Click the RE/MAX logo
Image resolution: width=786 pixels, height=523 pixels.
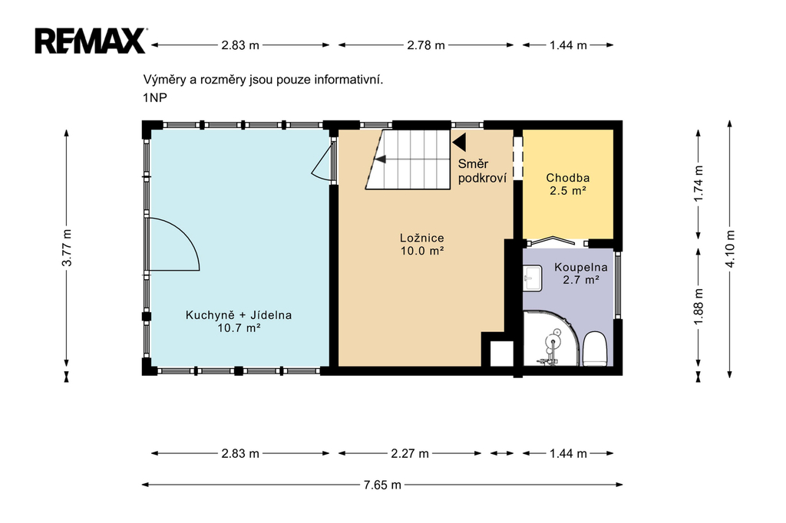91,41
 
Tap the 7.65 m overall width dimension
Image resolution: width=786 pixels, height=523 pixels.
382,485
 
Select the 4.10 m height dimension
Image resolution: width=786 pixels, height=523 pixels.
730,249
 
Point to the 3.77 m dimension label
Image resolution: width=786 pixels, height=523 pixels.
67,248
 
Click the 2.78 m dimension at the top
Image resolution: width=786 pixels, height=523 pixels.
425,45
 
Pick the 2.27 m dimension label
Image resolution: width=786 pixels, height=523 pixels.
410,454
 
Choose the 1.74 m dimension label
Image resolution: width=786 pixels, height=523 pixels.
698,183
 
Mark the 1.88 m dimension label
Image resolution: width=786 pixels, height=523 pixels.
698,305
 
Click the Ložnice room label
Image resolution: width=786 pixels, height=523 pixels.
422,238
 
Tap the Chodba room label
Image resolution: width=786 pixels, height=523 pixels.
568,178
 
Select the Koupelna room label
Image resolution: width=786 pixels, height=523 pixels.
581,268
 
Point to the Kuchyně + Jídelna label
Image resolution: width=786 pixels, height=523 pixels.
239,315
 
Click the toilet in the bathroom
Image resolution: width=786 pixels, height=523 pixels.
596,348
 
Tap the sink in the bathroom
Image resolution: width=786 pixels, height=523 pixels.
533,278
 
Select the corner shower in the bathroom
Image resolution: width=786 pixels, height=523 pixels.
550,339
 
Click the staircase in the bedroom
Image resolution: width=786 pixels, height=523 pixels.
408,160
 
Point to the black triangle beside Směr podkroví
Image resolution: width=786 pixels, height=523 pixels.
459,143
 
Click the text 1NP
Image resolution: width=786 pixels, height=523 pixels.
155,97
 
